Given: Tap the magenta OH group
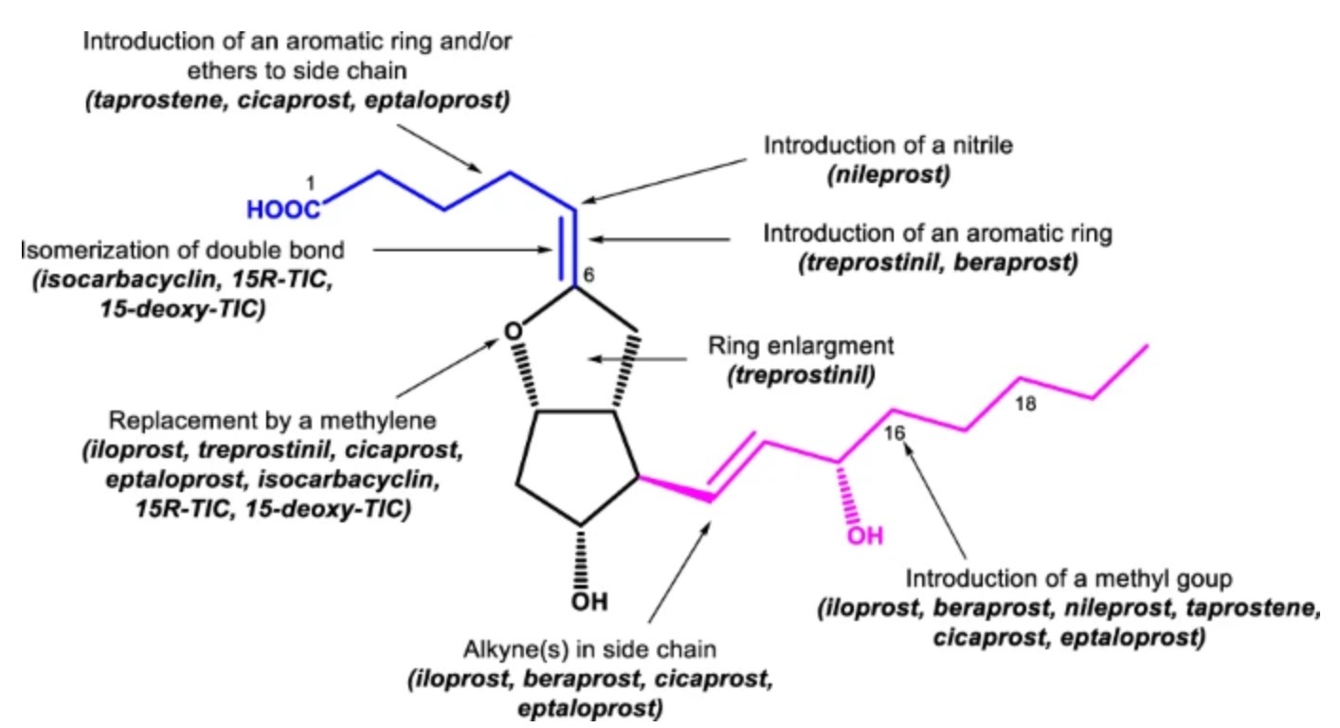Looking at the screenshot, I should pos(864,537).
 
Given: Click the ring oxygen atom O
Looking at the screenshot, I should pos(512,331).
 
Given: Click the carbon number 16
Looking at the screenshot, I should pos(895,432).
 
